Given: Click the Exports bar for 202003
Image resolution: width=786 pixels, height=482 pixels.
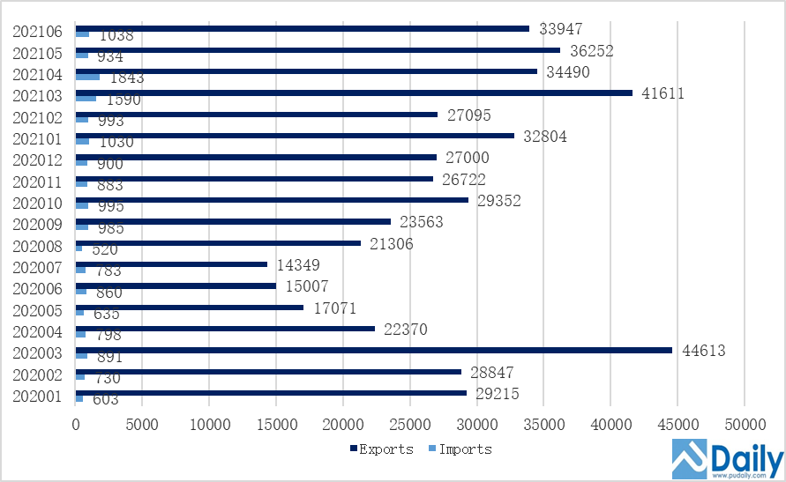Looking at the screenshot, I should [374, 350].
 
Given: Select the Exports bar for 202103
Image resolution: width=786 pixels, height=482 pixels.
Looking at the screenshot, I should [354, 93].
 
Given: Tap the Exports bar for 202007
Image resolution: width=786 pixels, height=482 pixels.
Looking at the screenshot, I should [171, 264].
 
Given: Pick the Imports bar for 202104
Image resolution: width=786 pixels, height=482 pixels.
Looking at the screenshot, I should [88, 78].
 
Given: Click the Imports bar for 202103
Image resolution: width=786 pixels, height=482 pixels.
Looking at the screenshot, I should [86, 99].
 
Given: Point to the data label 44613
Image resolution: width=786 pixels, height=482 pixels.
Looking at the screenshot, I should [701, 351].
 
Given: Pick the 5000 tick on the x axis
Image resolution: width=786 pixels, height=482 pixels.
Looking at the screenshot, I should [142, 424].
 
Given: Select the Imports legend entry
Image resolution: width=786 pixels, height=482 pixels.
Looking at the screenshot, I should [460, 449].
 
